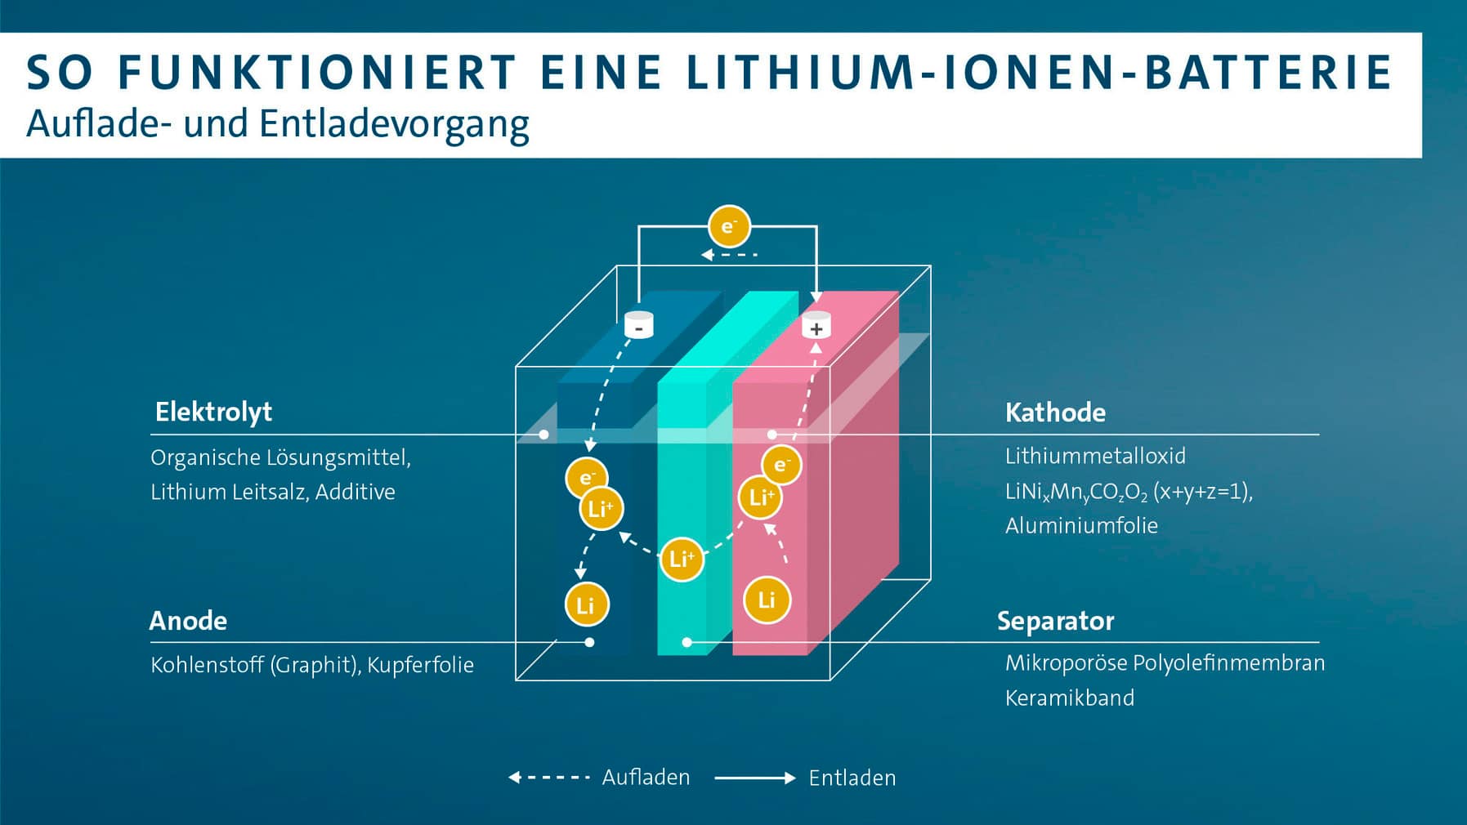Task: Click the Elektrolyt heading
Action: point(213,412)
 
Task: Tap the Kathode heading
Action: point(1055,412)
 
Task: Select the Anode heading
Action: point(188,621)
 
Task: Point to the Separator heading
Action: point(1055,622)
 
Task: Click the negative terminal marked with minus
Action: point(638,325)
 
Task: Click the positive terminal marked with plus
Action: point(816,326)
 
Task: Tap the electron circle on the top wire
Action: point(729,226)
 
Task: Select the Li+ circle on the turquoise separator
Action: point(682,559)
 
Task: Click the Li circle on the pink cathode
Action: point(767,600)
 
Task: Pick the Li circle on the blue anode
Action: point(586,605)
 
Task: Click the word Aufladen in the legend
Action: point(646,777)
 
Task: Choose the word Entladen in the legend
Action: point(852,778)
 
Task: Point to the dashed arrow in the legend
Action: point(549,777)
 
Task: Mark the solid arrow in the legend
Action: point(754,778)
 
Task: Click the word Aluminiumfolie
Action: point(1081,525)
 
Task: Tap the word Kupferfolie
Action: point(420,665)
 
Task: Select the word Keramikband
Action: point(1069,698)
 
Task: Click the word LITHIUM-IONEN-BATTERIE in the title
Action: point(1039,72)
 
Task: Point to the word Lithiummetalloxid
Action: point(1095,456)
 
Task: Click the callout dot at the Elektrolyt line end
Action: point(543,435)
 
